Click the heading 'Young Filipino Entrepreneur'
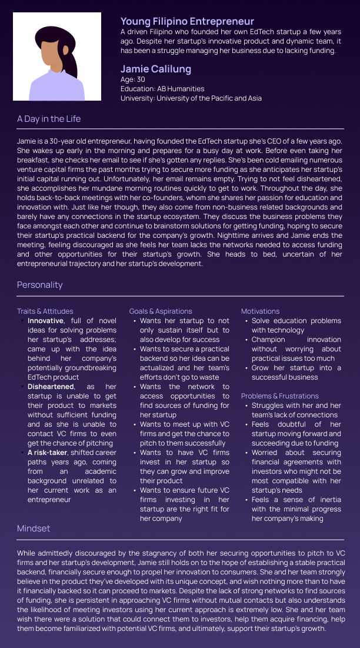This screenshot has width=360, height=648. tap(187, 22)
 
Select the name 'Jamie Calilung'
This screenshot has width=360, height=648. tap(156, 69)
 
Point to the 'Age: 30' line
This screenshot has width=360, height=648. tap(132, 79)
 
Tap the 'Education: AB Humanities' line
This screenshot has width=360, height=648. tap(162, 89)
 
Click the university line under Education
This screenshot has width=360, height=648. tap(191, 98)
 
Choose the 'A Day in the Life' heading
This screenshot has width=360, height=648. tap(49, 119)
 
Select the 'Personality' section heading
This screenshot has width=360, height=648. tap(39, 285)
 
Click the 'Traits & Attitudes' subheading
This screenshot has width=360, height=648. tap(45, 311)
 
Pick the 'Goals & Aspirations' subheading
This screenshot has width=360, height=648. tap(161, 311)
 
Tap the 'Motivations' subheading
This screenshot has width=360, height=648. tap(260, 311)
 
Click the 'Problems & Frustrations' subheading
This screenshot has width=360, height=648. tap(279, 396)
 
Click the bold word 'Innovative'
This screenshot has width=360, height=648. tap(45, 321)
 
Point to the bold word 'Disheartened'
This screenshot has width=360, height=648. tap(51, 387)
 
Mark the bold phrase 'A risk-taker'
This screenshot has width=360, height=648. tap(49, 453)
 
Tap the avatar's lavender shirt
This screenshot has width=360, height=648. tap(56, 88)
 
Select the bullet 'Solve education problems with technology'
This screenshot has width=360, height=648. tap(296, 325)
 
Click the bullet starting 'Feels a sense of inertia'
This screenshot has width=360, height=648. tap(296, 509)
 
